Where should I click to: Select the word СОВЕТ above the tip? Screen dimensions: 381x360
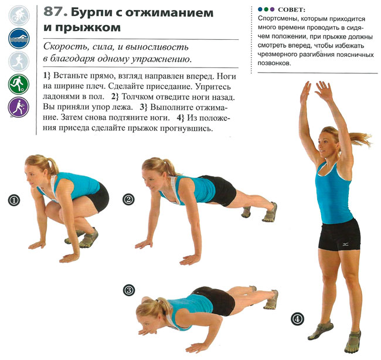pos(291,10)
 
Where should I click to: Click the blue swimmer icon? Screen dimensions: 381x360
pos(19,39)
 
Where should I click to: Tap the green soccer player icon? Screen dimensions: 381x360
pos(19,84)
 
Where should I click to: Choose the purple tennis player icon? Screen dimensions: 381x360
pos(19,107)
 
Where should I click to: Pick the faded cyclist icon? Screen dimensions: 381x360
pos(19,16)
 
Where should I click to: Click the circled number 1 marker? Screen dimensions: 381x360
pos(14,200)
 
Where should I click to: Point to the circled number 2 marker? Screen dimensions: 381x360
pos(128,199)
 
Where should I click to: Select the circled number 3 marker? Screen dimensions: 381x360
pos(129,290)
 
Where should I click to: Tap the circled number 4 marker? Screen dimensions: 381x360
pos(297,319)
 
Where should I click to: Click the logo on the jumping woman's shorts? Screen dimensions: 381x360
pos(346,244)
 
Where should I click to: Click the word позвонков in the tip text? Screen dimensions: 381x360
pos(274,63)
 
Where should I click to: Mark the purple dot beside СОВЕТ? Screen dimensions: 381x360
pos(272,9)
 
